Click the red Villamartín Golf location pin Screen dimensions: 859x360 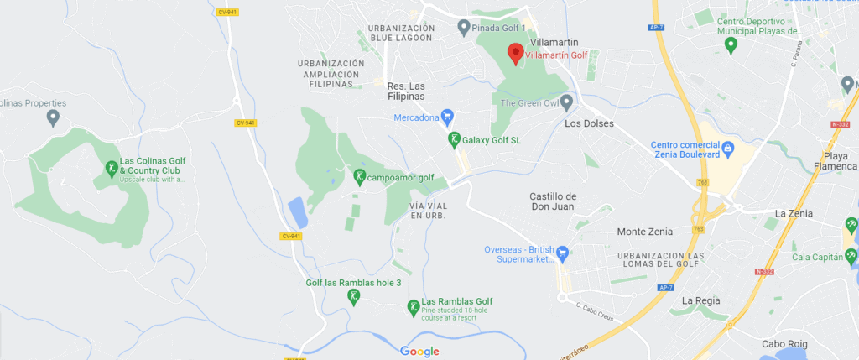(x=516, y=54)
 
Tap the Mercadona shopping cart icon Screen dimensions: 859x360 (x=448, y=116)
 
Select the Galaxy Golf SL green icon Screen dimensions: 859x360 (x=453, y=140)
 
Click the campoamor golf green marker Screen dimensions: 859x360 (x=359, y=177)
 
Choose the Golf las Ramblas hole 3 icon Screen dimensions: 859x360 (x=354, y=295)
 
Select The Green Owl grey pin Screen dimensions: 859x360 (x=566, y=103)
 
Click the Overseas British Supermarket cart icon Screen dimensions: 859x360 (x=564, y=252)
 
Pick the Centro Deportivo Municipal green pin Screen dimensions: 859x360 (x=730, y=44)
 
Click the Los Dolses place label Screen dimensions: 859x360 (x=590, y=124)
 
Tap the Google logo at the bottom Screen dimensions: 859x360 (x=419, y=351)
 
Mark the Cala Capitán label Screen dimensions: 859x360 (x=817, y=257)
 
